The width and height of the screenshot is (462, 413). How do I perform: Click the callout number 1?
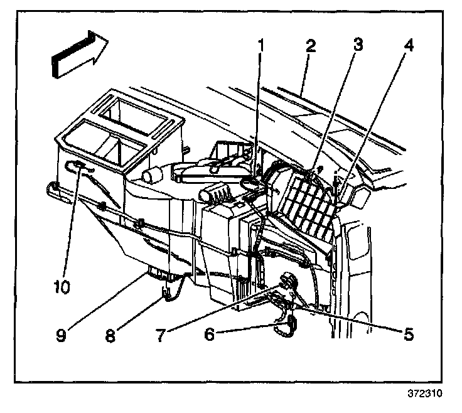(x=261, y=46)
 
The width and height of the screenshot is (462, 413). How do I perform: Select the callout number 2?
(x=311, y=46)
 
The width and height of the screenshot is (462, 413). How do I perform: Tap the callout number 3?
(x=358, y=45)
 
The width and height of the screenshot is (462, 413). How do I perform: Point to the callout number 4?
(x=407, y=45)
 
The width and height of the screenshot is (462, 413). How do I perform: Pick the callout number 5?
(x=409, y=334)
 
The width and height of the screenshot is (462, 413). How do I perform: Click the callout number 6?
(x=210, y=334)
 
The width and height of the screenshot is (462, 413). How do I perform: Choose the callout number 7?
(x=161, y=335)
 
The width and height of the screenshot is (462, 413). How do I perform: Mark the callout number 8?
(x=110, y=335)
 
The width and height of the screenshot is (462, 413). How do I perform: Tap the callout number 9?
(x=61, y=335)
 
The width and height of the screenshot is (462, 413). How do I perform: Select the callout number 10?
(x=62, y=286)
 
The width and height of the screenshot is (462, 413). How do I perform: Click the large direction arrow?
(x=80, y=54)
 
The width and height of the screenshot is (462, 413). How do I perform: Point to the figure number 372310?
(x=425, y=394)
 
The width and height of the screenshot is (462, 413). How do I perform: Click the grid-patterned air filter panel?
(x=308, y=203)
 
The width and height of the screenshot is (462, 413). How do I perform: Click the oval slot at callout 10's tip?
(x=76, y=167)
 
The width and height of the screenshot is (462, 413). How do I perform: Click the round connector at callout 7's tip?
(x=288, y=281)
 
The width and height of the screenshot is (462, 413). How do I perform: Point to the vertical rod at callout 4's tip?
(x=336, y=188)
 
